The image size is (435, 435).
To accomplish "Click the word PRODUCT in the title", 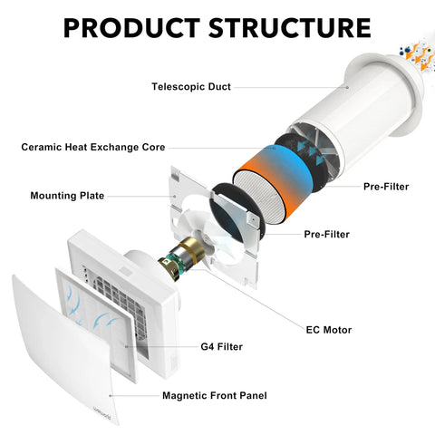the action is pos(131,28).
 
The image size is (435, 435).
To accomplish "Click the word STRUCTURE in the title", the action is pos(290,28).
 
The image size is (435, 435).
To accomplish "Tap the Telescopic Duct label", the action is pos(191,87).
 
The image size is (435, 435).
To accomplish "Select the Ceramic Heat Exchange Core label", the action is pos(93,147).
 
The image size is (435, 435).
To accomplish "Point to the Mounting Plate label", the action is pos(67,196).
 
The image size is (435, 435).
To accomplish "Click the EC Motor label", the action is pos(329,330).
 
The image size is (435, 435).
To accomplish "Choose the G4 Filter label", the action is pos(221,346).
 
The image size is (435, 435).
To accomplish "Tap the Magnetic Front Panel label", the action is pos(215,395).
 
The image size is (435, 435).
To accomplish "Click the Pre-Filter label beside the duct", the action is pos(386,187).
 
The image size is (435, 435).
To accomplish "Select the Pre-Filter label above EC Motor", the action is pos(326,234).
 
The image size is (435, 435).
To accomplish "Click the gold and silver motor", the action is pos(180,257).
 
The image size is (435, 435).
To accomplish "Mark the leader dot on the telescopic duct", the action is pos(347,87).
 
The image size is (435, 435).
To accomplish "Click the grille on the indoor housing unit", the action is pos(120,305).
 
